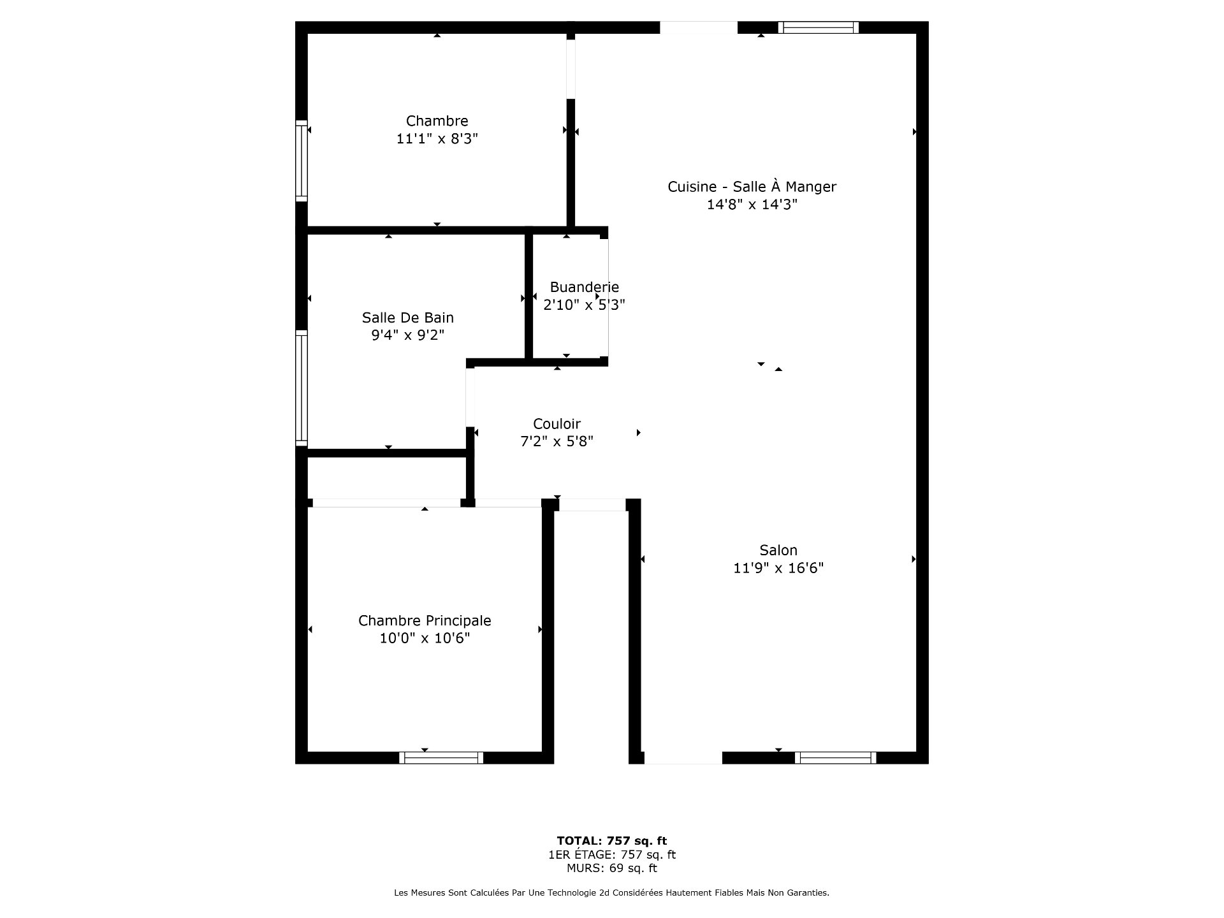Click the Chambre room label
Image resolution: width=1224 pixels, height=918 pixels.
click(x=437, y=121)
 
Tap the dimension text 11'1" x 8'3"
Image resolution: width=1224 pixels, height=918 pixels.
click(x=437, y=139)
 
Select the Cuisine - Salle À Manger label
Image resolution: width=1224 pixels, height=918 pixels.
click(x=752, y=187)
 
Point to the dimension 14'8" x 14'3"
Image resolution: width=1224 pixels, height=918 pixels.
click(x=752, y=205)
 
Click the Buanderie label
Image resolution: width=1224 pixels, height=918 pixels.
click(x=584, y=288)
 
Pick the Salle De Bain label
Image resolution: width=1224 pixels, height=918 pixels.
click(x=407, y=317)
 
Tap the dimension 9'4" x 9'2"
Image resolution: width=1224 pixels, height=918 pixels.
click(x=407, y=335)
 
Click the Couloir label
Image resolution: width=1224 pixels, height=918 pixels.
click(x=557, y=424)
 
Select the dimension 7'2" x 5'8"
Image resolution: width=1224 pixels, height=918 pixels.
click(x=557, y=441)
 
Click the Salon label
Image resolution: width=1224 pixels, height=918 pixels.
click(x=778, y=550)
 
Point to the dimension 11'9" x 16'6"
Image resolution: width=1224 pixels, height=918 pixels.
click(x=778, y=568)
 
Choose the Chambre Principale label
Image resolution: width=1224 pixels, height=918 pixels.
click(x=425, y=621)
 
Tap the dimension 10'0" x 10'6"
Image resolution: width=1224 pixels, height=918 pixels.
click(x=425, y=638)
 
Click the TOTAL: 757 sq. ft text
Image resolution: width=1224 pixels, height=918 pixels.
click(x=611, y=841)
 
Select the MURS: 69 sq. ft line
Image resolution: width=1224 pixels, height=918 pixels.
click(x=611, y=868)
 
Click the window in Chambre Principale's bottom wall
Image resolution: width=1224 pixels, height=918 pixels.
click(x=441, y=757)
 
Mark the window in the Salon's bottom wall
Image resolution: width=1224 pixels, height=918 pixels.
click(x=835, y=757)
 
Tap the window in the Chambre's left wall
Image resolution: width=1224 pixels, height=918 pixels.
click(x=302, y=161)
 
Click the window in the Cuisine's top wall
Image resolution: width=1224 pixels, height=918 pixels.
click(x=819, y=27)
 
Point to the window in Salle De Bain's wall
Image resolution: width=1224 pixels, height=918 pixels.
click(x=302, y=388)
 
